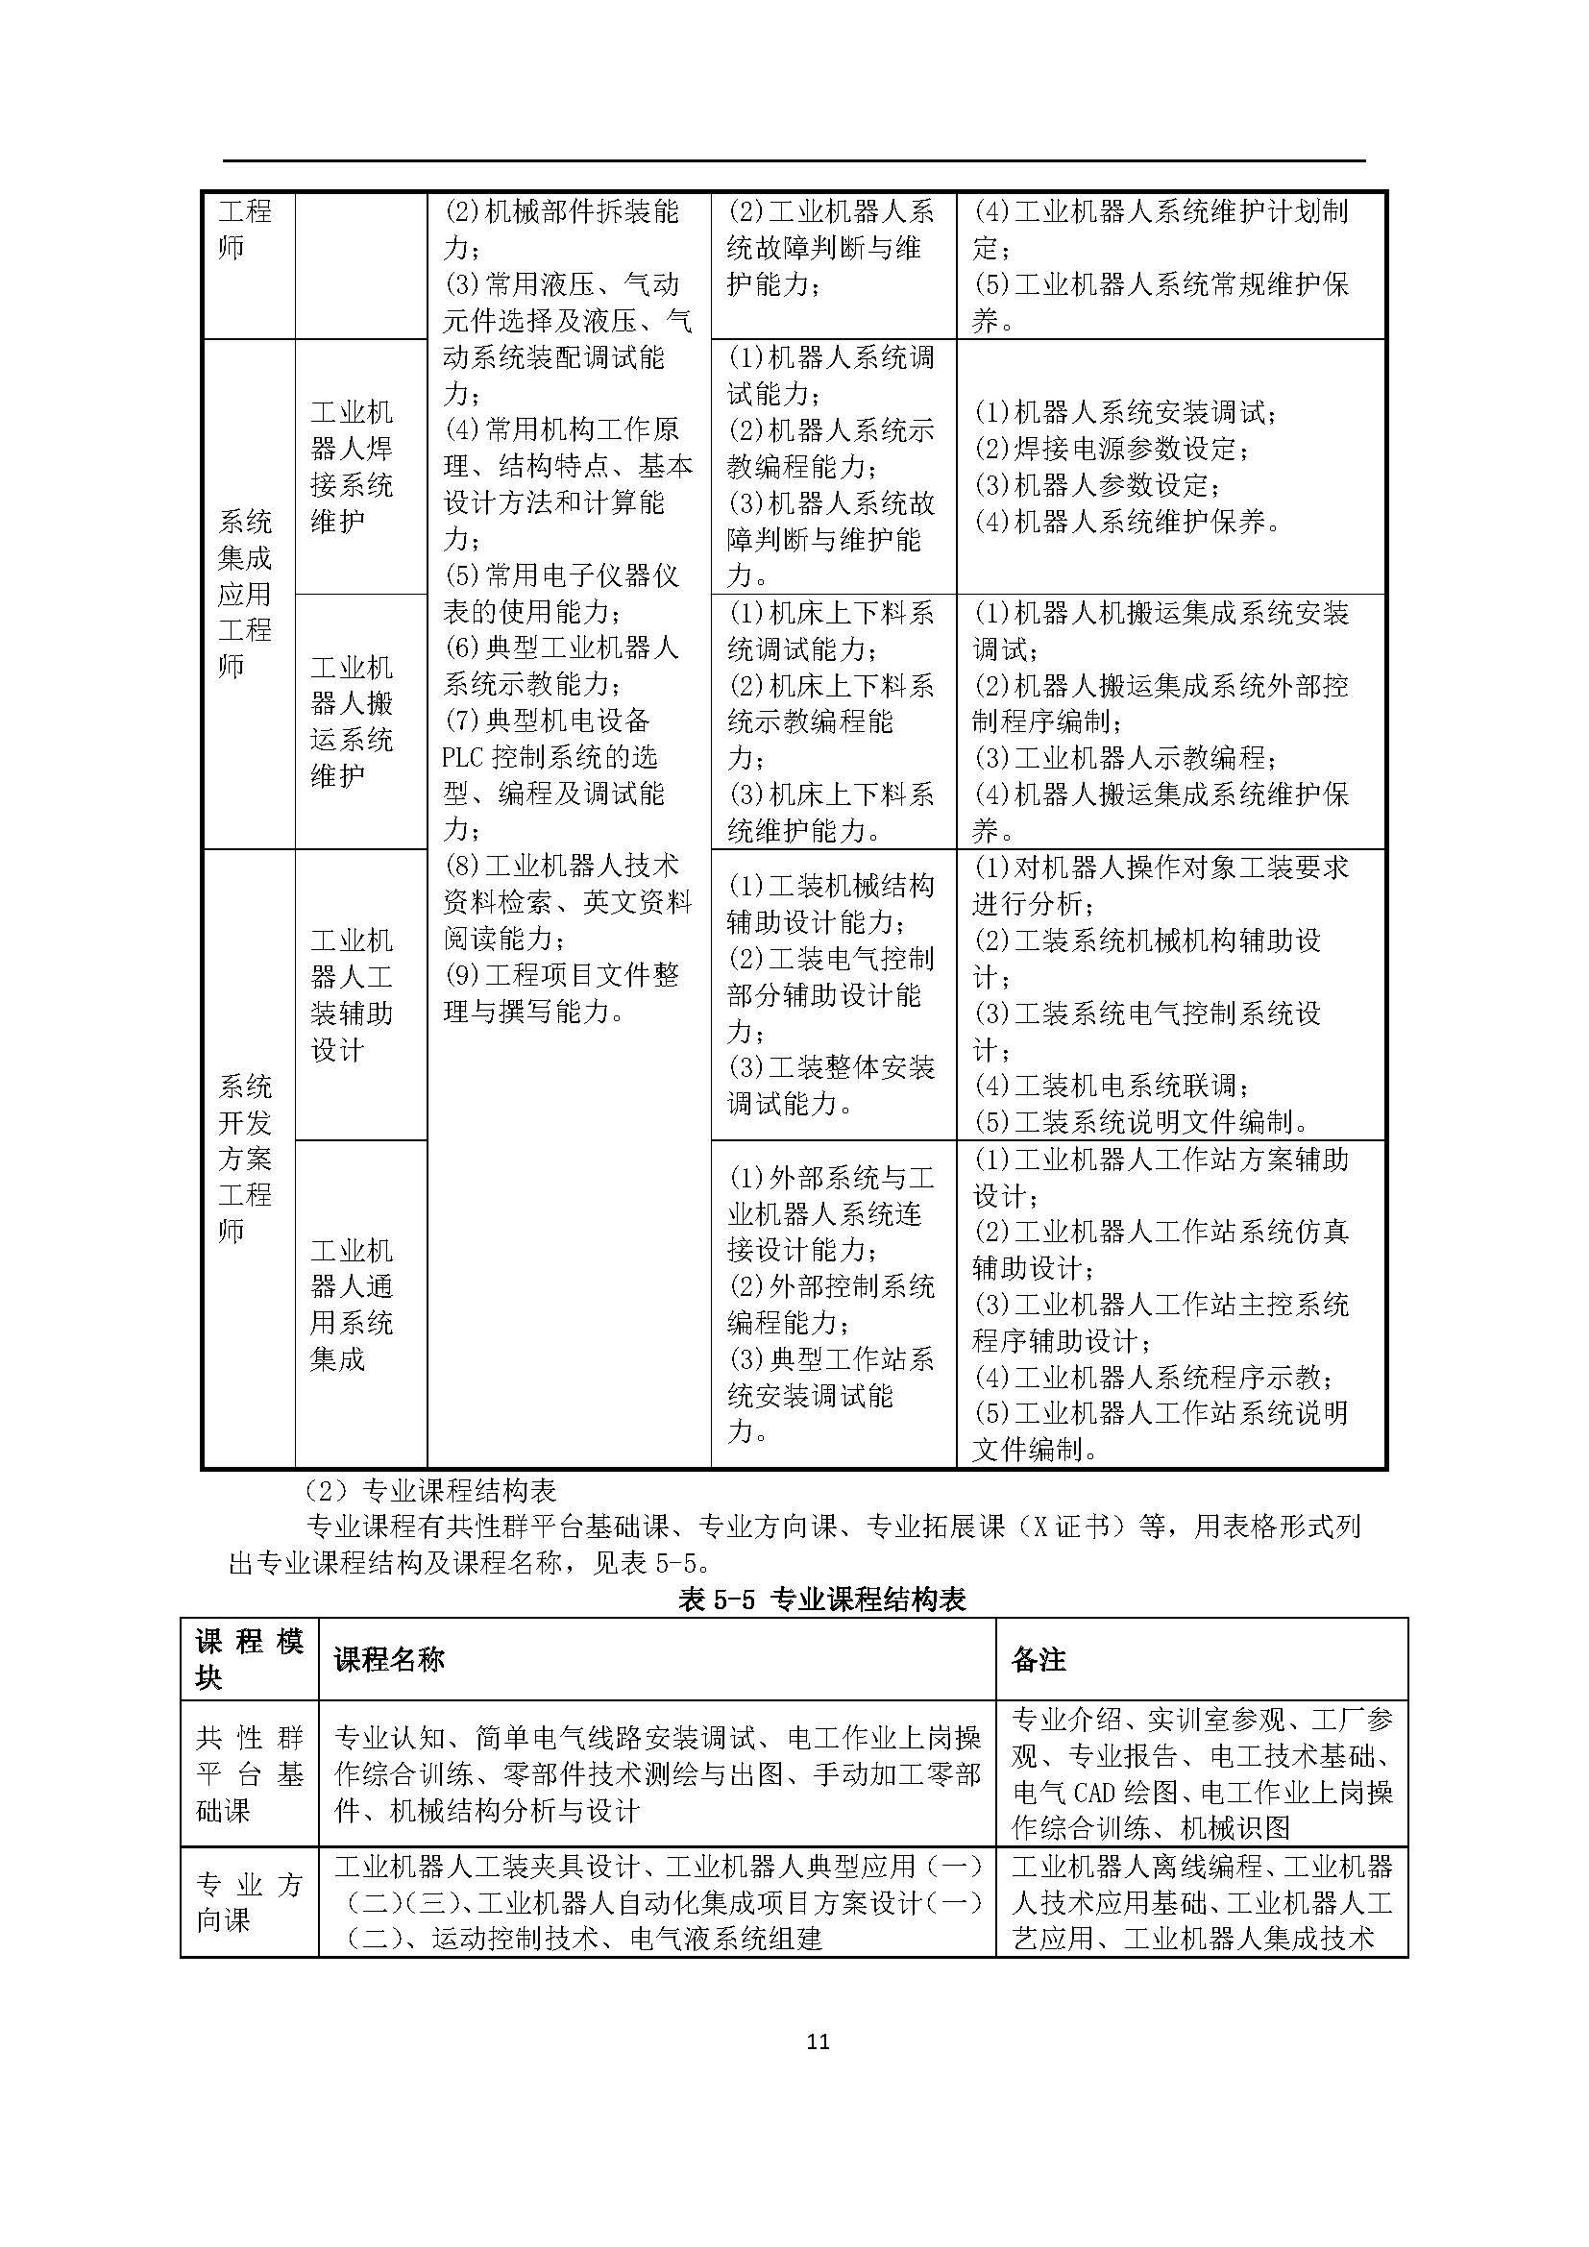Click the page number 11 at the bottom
coord(818,2041)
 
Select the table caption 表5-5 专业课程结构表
coord(822,1600)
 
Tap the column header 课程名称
coord(389,1659)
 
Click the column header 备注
coord(1039,1659)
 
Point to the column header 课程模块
coord(250,1660)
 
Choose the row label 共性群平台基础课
coord(250,1773)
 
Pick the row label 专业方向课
coord(250,1901)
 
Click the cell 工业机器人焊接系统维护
coord(352,467)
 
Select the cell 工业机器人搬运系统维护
coord(352,721)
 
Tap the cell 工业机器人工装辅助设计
coord(352,994)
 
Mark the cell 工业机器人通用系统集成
coord(352,1305)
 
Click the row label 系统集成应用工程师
coord(245,594)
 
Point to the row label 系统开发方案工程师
coord(245,1158)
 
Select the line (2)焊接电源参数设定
coord(1112,450)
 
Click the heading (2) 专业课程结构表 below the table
coord(430,1491)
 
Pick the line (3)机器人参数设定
coord(1098,485)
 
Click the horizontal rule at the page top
coord(794,160)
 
